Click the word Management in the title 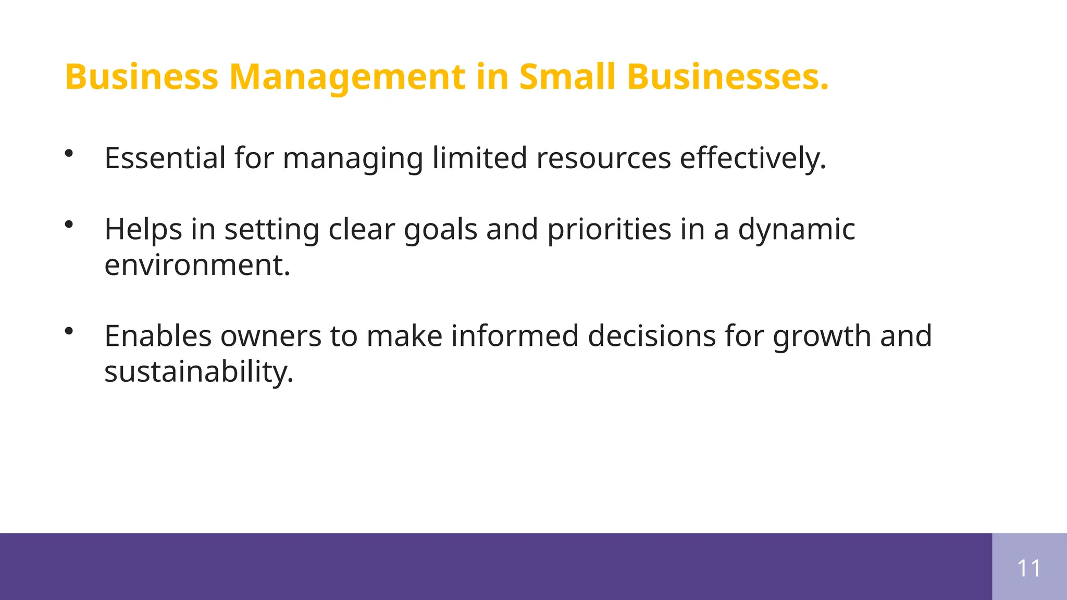pyautogui.click(x=347, y=77)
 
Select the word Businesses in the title pyautogui.click(x=727, y=77)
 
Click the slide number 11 pyautogui.click(x=1029, y=568)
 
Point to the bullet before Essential pyautogui.click(x=69, y=153)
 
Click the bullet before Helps pyautogui.click(x=69, y=224)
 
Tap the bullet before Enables pyautogui.click(x=69, y=331)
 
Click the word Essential pyautogui.click(x=165, y=158)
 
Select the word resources pyautogui.click(x=603, y=158)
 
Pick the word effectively pyautogui.click(x=752, y=158)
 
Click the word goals pyautogui.click(x=440, y=229)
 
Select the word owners pyautogui.click(x=271, y=336)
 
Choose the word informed pyautogui.click(x=515, y=336)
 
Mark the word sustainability pyautogui.click(x=198, y=372)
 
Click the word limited pyautogui.click(x=479, y=158)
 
